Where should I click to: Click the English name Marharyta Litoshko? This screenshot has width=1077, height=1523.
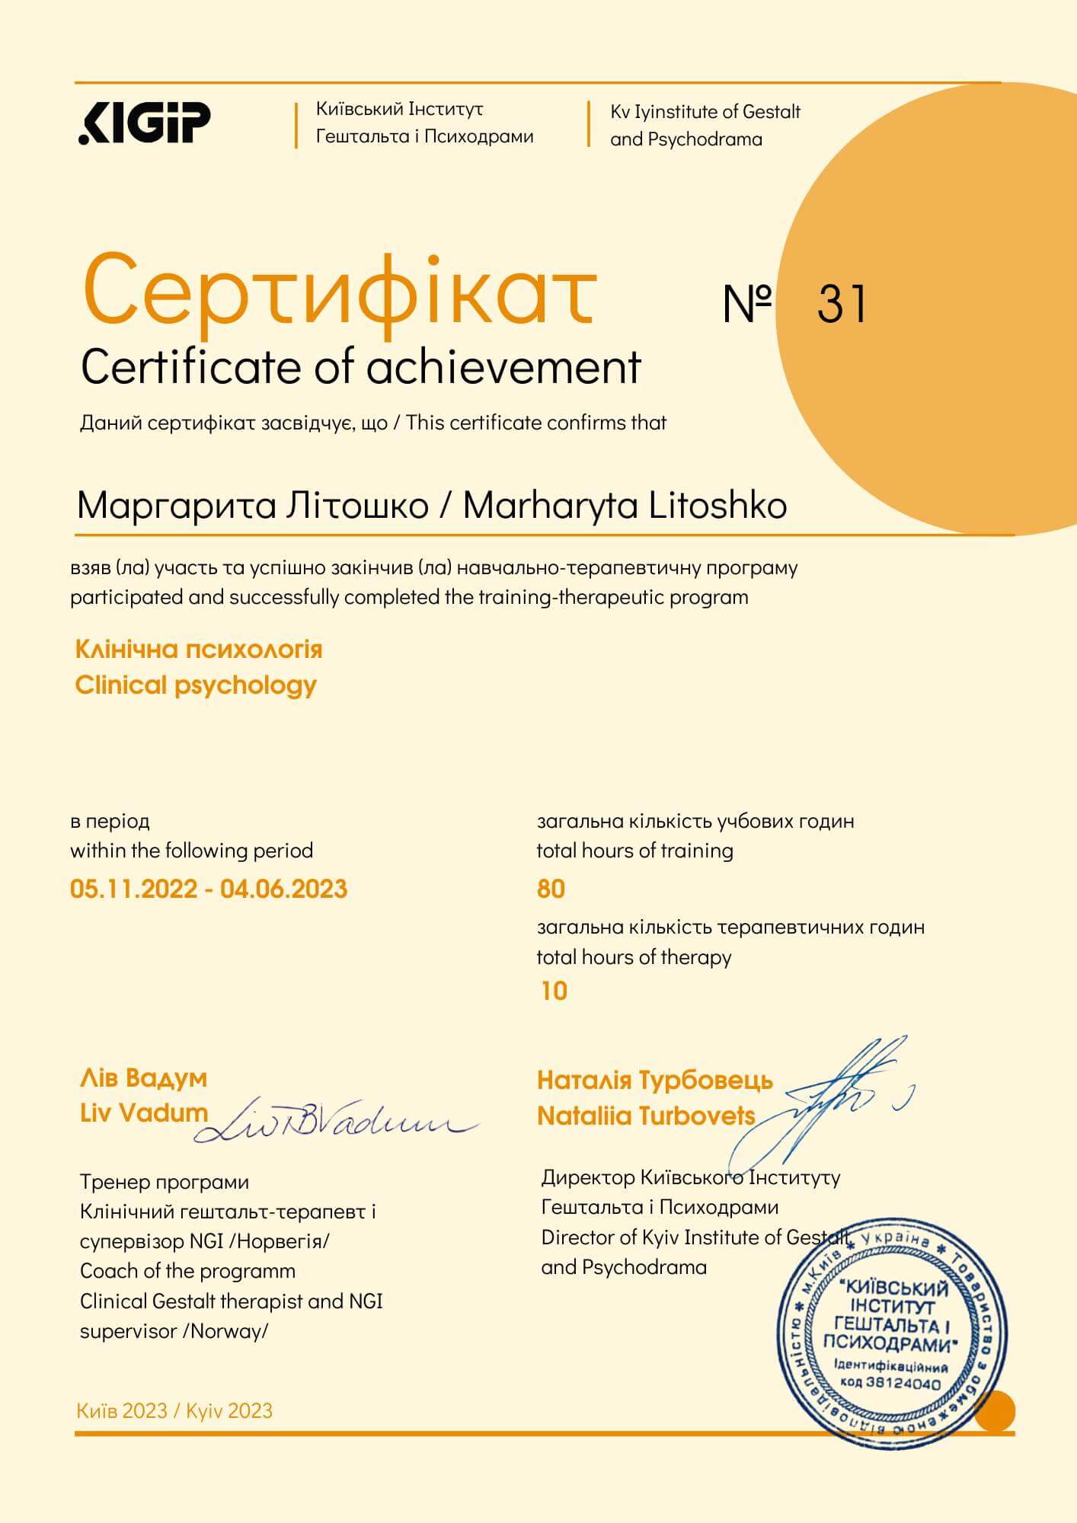click(x=625, y=506)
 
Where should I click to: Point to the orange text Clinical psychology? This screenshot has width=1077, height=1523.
click(x=196, y=685)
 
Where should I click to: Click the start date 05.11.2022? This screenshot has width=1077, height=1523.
click(x=133, y=889)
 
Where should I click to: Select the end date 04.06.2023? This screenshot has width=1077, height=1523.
click(x=283, y=889)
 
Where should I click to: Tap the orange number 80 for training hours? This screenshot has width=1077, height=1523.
click(x=551, y=889)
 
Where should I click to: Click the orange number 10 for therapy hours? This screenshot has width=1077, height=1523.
click(x=554, y=991)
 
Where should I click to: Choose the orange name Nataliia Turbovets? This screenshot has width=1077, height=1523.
click(x=646, y=1116)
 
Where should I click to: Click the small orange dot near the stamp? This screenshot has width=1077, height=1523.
click(x=995, y=1410)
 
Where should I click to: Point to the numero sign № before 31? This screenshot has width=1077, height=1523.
click(x=747, y=304)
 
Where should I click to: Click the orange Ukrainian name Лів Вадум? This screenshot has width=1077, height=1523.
click(x=143, y=1078)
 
